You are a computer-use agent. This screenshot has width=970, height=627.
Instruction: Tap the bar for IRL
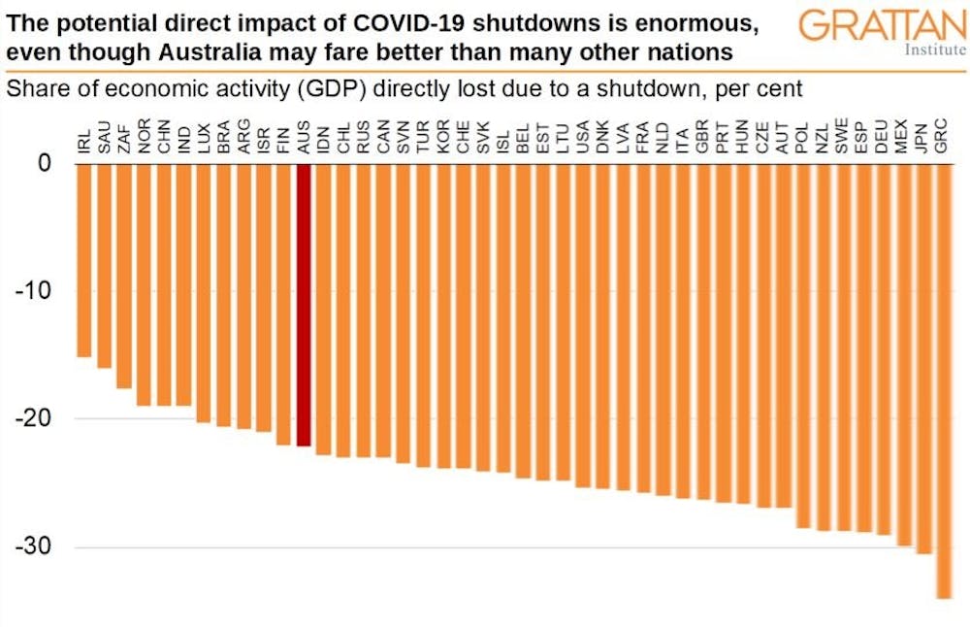tap(83, 260)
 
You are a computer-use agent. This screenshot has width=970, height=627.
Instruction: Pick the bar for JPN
tap(923, 358)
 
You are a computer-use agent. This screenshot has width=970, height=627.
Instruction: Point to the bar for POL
tap(802, 346)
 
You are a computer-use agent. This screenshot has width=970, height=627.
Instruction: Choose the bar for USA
tap(582, 325)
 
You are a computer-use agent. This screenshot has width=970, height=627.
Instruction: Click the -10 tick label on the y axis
tap(32, 291)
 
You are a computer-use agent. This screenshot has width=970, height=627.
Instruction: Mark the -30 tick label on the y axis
tap(32, 547)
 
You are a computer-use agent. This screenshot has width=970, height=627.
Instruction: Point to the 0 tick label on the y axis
tap(44, 163)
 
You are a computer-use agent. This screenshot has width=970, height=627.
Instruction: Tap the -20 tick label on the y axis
tap(32, 419)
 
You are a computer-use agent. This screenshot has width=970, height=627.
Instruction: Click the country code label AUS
tap(304, 142)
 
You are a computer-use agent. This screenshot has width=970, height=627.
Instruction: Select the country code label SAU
tap(104, 142)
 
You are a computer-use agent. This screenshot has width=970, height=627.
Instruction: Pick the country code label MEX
tap(903, 142)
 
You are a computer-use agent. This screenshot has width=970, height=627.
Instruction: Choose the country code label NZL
tap(823, 142)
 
